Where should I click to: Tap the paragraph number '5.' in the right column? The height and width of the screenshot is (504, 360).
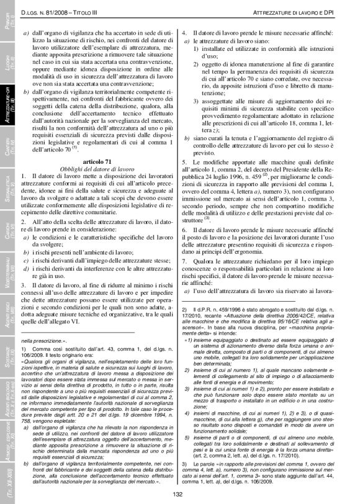coord(184,162)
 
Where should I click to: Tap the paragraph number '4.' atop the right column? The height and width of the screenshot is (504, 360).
coord(184,32)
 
